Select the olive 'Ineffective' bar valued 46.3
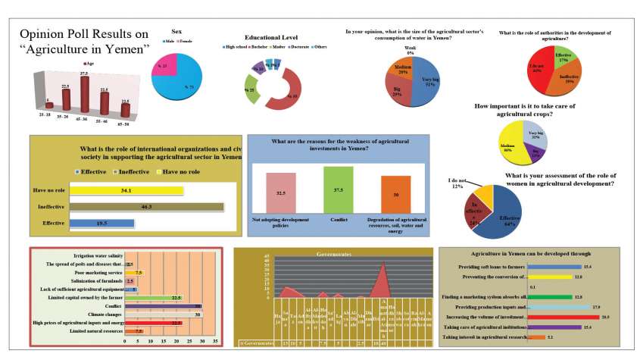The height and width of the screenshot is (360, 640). point(146,206)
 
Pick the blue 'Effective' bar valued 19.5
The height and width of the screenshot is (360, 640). point(101,223)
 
